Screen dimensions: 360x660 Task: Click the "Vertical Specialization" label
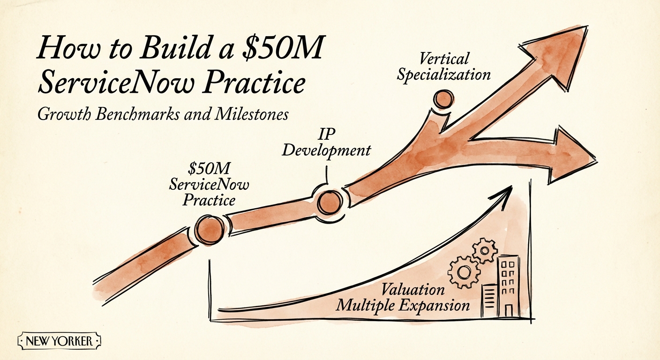[443, 67]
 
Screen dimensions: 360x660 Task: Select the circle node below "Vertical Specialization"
[442, 99]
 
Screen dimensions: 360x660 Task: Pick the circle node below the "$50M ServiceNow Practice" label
[209, 230]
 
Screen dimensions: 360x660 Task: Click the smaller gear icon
[482, 250]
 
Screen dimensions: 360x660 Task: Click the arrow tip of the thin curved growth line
[509, 190]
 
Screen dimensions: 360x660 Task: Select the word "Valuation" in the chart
[412, 289]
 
